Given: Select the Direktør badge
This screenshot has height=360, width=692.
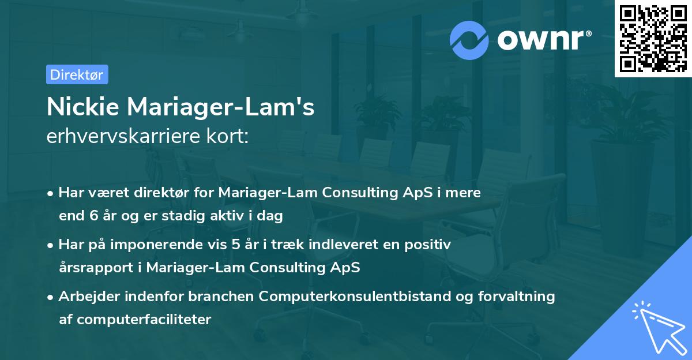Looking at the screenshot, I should [77, 74].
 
